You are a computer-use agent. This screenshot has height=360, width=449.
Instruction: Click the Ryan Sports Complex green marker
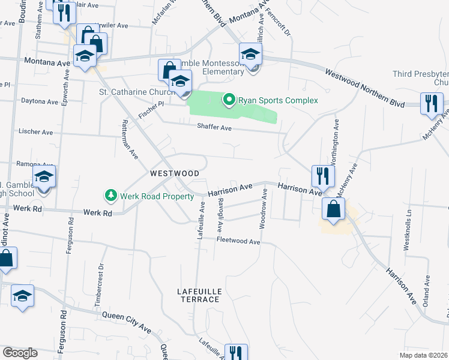pos(229,100)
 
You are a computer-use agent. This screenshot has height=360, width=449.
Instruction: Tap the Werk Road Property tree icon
pos(110,196)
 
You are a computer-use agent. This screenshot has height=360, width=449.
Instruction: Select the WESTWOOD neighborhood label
pos(174,173)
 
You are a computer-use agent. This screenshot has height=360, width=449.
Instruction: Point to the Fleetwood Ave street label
pos(238,241)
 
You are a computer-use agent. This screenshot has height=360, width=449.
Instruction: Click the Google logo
pos(20,353)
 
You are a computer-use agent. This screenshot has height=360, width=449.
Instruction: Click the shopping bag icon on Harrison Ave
pos(333,210)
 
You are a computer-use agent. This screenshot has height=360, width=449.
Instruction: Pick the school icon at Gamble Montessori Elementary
pos(251,55)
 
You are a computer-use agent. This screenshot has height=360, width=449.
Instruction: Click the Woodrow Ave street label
pos(263,209)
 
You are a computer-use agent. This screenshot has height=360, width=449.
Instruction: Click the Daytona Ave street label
pos(40,101)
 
